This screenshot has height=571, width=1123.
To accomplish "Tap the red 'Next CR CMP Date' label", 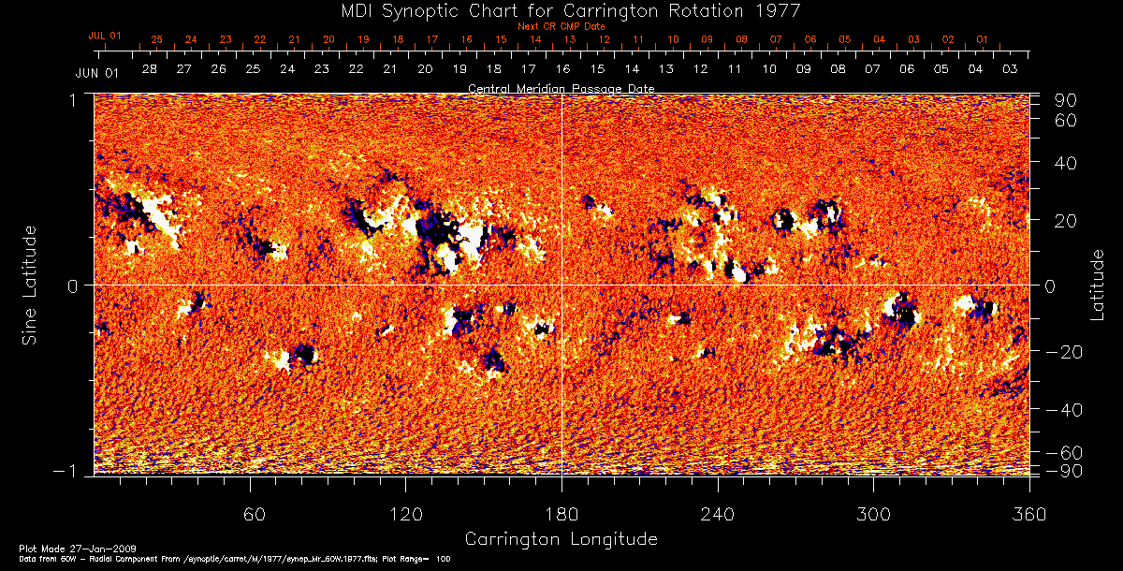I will [x=561, y=26].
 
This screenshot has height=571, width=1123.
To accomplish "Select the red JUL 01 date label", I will [x=105, y=36].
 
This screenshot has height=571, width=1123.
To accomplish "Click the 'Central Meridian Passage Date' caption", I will [x=561, y=88].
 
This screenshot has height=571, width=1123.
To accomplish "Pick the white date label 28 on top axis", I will [x=150, y=69].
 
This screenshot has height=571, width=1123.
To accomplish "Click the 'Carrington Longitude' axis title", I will [x=561, y=539].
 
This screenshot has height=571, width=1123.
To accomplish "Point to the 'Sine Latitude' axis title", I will [x=30, y=284].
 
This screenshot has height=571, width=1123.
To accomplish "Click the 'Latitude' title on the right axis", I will [x=1098, y=284].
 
